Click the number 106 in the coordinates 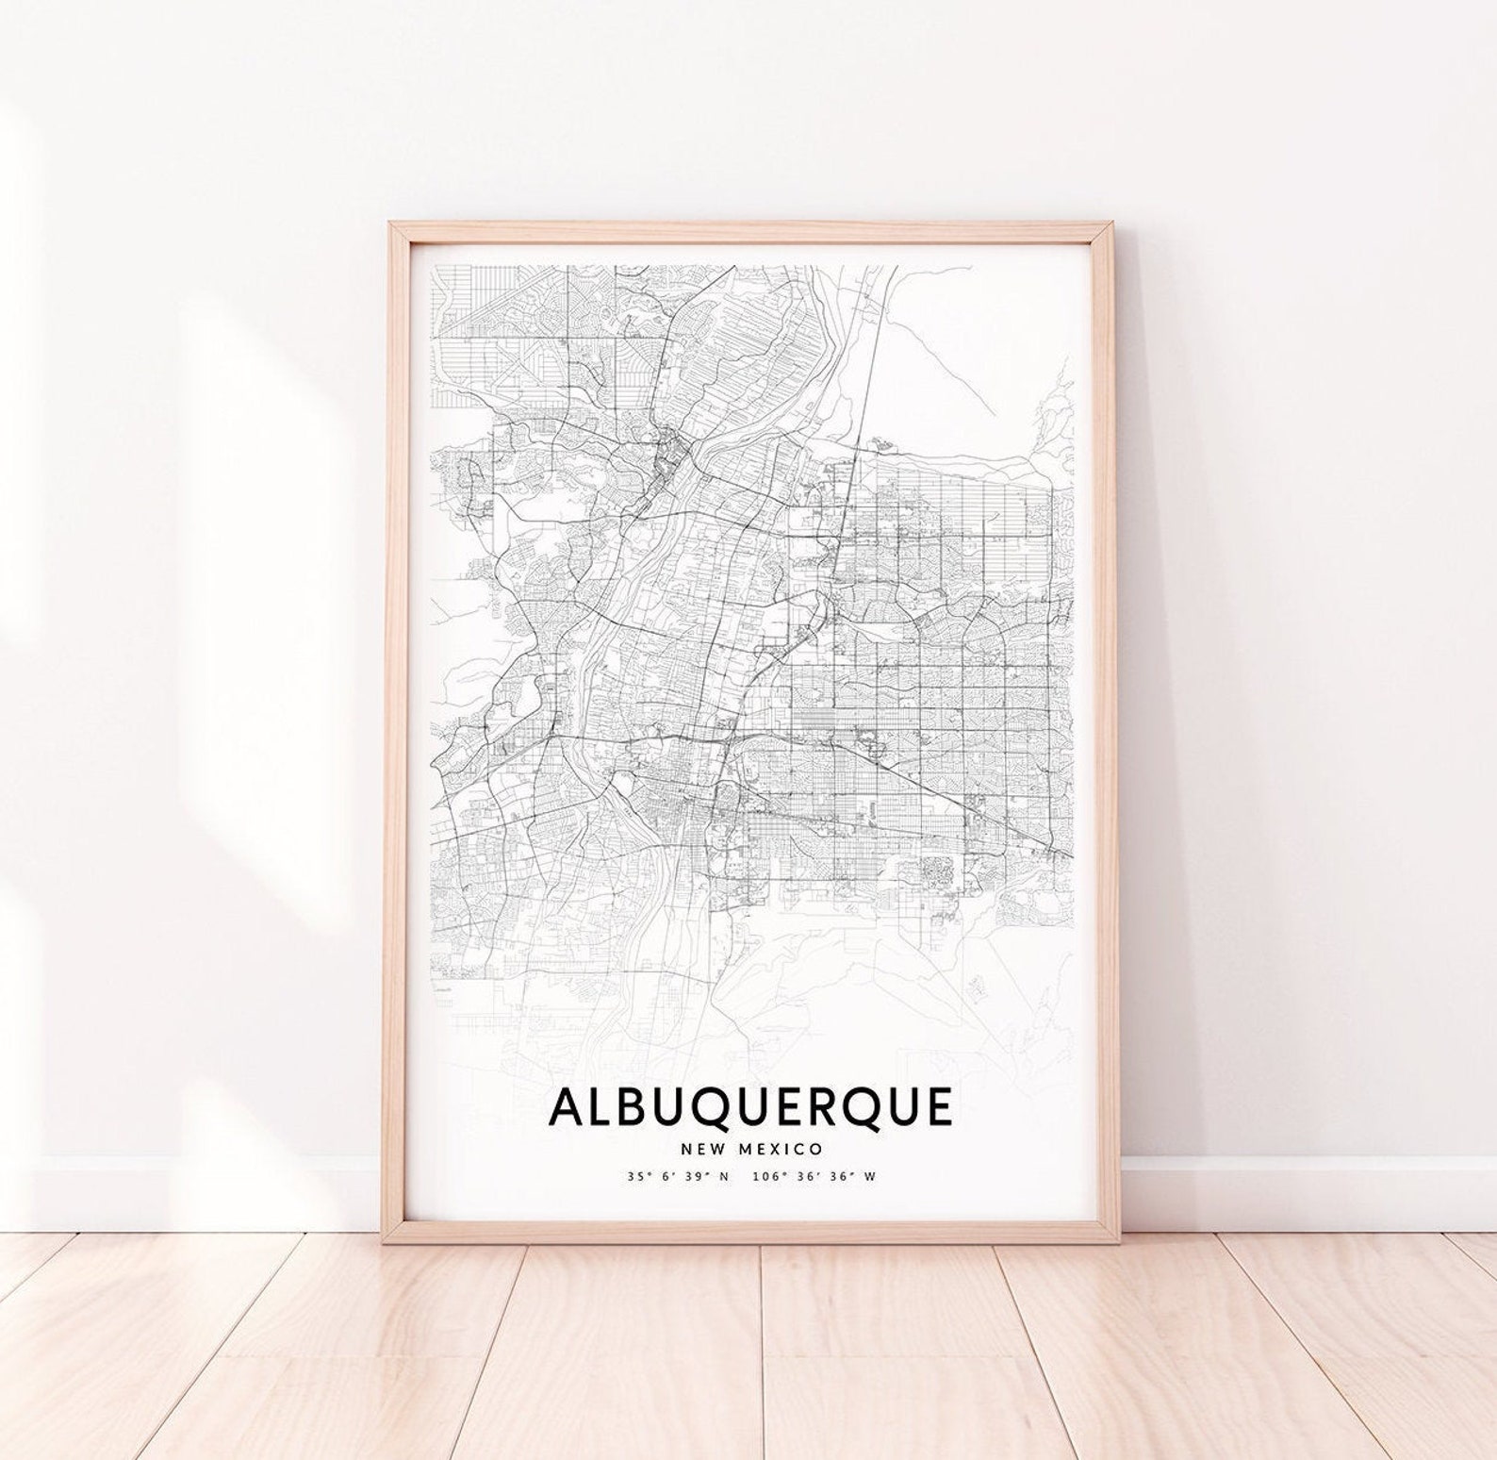(x=766, y=1176)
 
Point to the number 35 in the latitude (x=631, y=1176)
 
